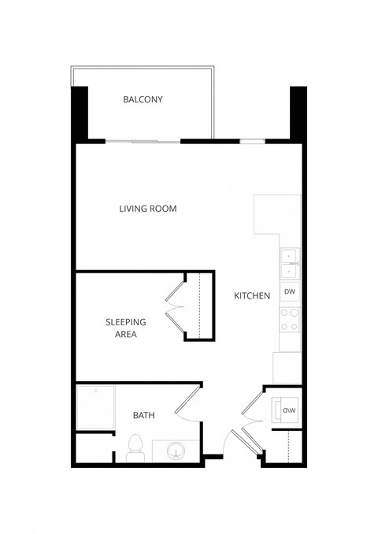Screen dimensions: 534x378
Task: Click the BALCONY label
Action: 143,100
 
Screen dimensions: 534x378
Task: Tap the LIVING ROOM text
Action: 147,209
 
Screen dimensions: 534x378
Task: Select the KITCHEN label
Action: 252,296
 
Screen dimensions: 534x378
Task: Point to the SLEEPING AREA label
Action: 122,328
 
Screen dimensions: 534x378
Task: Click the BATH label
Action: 143,415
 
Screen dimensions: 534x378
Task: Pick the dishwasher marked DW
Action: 289,292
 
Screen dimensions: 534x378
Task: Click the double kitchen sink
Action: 289,263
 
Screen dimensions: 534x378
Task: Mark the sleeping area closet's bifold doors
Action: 176,307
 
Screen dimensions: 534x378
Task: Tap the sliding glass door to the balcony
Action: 144,141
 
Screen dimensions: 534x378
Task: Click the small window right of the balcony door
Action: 251,141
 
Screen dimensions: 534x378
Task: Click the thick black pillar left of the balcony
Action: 80,113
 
